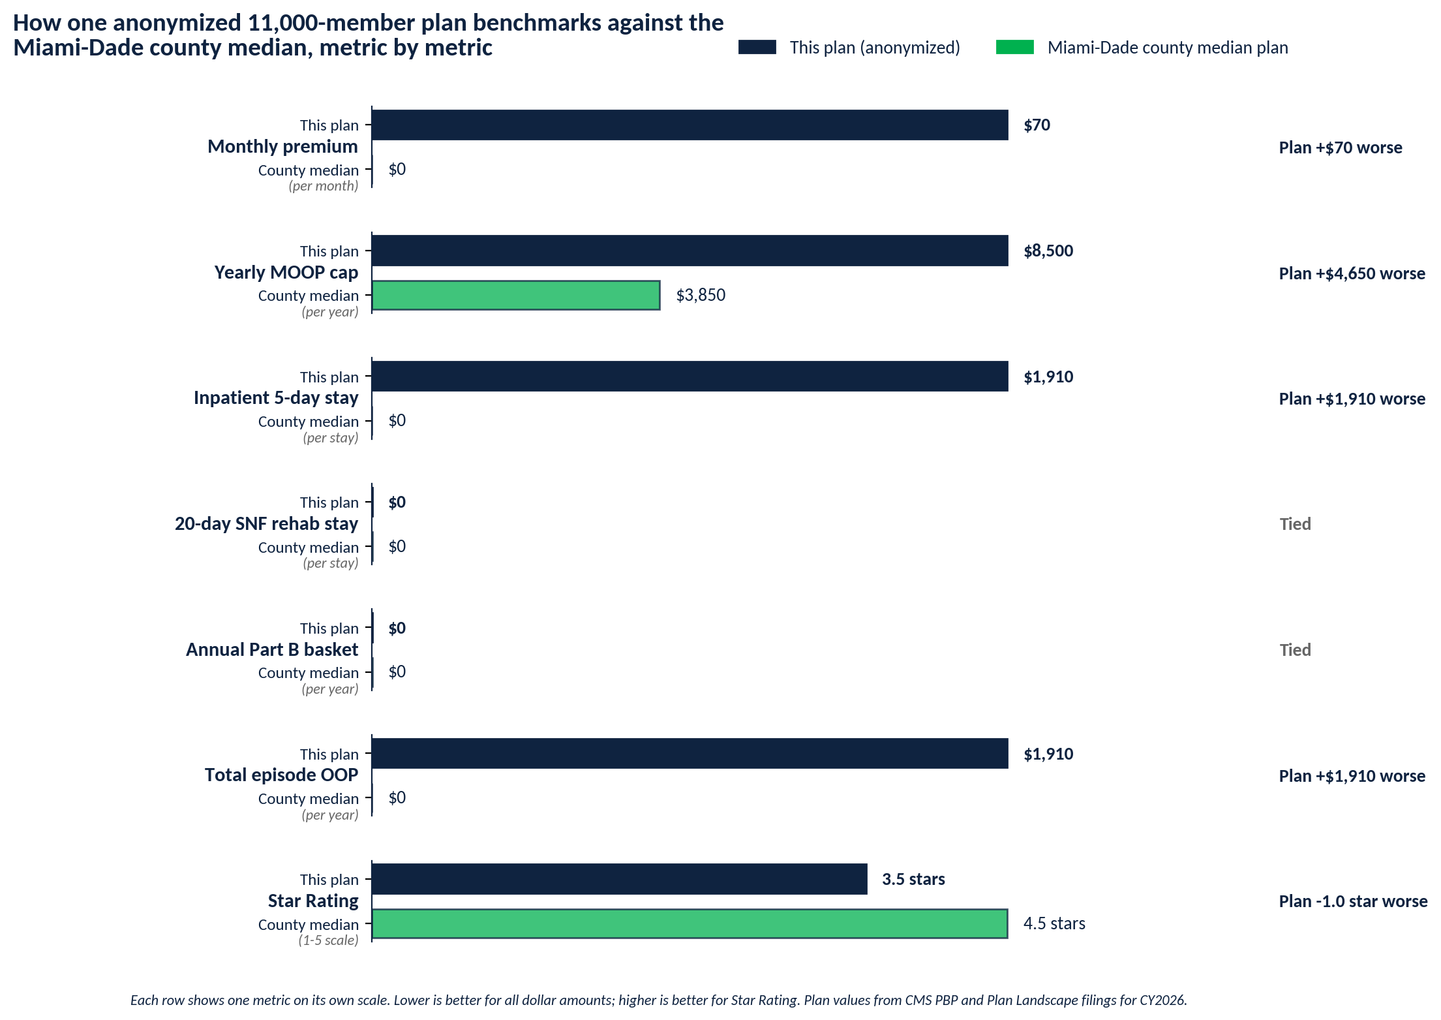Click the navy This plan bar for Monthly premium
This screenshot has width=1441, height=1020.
(x=690, y=125)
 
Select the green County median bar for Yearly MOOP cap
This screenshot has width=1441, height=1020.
(x=515, y=295)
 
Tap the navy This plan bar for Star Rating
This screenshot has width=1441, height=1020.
(x=619, y=879)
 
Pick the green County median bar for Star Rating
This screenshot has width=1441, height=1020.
(x=690, y=923)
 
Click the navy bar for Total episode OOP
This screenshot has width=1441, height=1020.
(x=690, y=753)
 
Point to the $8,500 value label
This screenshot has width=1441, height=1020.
(x=1048, y=251)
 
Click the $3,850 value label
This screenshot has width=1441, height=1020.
(x=701, y=295)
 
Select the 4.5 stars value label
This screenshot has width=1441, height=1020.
(x=1054, y=923)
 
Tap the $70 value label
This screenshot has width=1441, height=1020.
(x=1037, y=125)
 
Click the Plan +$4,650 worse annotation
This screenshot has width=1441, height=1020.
(x=1352, y=273)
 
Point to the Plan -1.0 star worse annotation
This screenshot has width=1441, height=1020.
(x=1353, y=901)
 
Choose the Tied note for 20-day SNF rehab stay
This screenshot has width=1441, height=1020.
(x=1295, y=524)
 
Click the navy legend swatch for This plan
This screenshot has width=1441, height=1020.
(x=757, y=47)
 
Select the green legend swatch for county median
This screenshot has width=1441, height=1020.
(x=1015, y=47)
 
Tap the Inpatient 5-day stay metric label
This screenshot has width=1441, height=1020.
(x=276, y=398)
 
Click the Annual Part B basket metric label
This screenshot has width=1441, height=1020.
(x=272, y=649)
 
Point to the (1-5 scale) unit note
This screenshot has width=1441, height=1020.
(x=329, y=940)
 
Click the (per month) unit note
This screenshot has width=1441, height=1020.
(x=324, y=186)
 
